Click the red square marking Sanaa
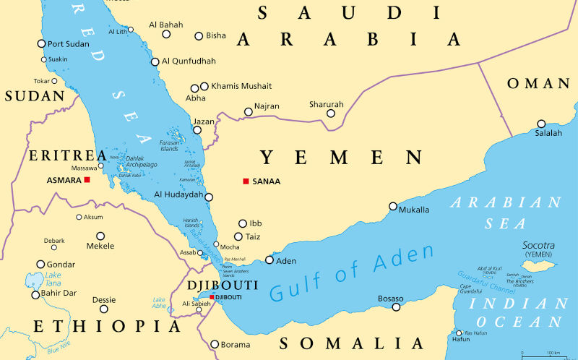pos(246,181)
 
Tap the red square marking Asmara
pos(87,179)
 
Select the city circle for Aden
pos(269,260)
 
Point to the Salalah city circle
pos(541,124)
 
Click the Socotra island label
pos(539,246)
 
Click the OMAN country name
pos(538,84)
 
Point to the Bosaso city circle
pos(396,307)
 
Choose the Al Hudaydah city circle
pos(209,197)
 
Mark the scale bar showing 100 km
pos(541,355)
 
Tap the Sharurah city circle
pos(330,113)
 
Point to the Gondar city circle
pos(41,265)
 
